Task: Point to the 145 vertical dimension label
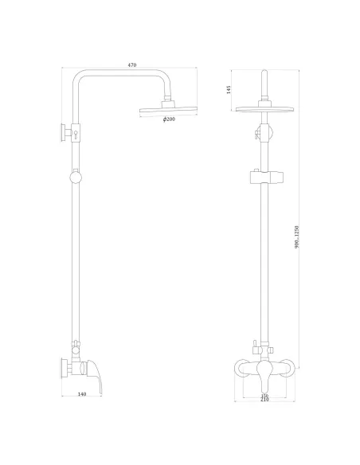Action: coord(230,89)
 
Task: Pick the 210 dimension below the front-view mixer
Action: coord(264,400)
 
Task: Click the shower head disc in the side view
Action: coord(169,109)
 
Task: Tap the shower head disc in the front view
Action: coord(264,109)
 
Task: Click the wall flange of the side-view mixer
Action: coord(63,368)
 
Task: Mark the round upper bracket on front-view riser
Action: coord(264,131)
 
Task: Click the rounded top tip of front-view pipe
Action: coord(264,76)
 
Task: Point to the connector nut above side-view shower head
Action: coord(169,101)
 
